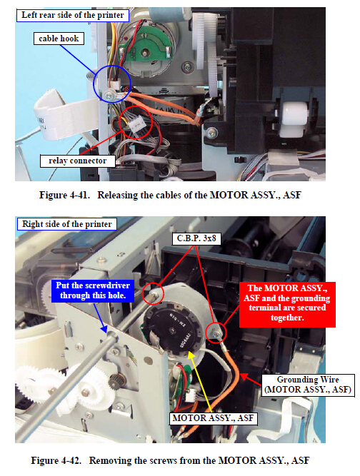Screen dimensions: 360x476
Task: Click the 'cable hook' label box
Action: click(59, 39)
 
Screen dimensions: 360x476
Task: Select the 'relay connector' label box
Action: click(77, 161)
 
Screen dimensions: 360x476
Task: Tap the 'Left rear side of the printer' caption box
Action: click(73, 15)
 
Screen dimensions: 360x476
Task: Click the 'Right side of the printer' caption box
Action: click(67, 224)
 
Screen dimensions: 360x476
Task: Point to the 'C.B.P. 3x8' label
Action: click(196, 238)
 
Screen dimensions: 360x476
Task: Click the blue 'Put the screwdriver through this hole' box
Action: click(93, 290)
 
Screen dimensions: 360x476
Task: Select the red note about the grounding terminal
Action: click(287, 305)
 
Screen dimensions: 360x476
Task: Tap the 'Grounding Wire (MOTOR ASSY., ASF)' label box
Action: click(308, 385)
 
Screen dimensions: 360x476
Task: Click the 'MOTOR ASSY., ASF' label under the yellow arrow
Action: click(213, 418)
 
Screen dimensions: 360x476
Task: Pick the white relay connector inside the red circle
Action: click(136, 123)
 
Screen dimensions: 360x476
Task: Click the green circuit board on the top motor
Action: click(145, 46)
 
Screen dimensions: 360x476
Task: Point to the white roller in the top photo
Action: click(294, 119)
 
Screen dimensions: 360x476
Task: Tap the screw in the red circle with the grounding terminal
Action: click(216, 333)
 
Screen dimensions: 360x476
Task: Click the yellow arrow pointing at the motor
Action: click(199, 381)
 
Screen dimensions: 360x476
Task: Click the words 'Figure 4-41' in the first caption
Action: click(64, 195)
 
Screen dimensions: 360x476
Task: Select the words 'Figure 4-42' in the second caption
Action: click(56, 460)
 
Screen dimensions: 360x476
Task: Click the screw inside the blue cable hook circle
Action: click(109, 96)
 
